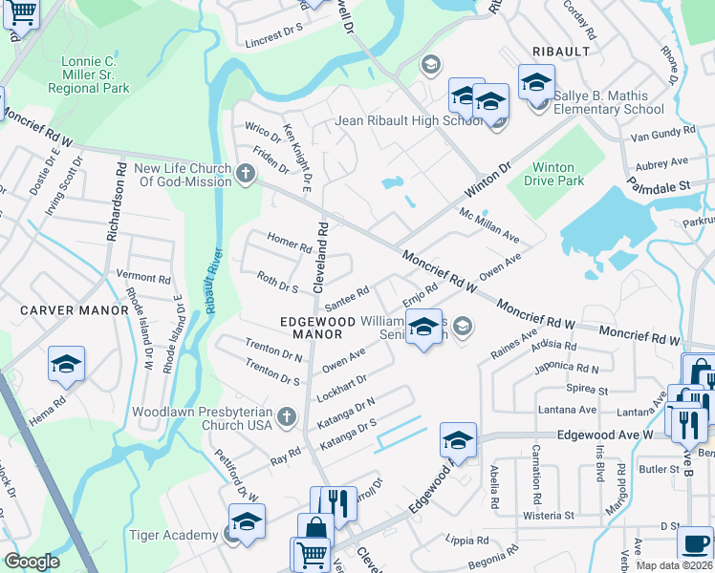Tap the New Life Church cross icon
coord(246,174)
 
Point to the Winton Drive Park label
coord(557,174)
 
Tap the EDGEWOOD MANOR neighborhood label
coord(311,328)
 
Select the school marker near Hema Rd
coord(66,364)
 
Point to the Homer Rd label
coord(290,243)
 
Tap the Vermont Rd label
coord(143,277)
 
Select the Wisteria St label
coord(549,516)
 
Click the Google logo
coord(32,562)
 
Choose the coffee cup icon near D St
coord(695,543)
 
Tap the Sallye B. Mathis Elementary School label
coord(605,102)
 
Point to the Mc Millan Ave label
coord(488,225)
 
